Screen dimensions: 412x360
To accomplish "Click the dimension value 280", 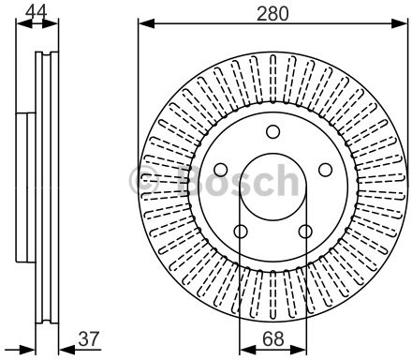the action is click(x=272, y=14).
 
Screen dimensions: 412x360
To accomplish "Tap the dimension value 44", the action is click(x=37, y=12).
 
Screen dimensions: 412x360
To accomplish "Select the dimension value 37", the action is click(x=89, y=338).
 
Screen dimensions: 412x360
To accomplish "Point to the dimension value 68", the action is click(x=273, y=338).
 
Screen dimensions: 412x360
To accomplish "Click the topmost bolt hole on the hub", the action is click(x=272, y=131).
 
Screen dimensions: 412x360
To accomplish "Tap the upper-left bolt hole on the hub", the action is click(x=221, y=170).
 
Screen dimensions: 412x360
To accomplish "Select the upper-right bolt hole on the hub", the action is click(x=325, y=170).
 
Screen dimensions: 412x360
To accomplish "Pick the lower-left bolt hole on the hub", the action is click(x=241, y=232).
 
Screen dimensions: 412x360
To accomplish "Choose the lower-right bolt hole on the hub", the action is click(x=305, y=232).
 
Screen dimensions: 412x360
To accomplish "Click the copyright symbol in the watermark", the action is click(x=144, y=181).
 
